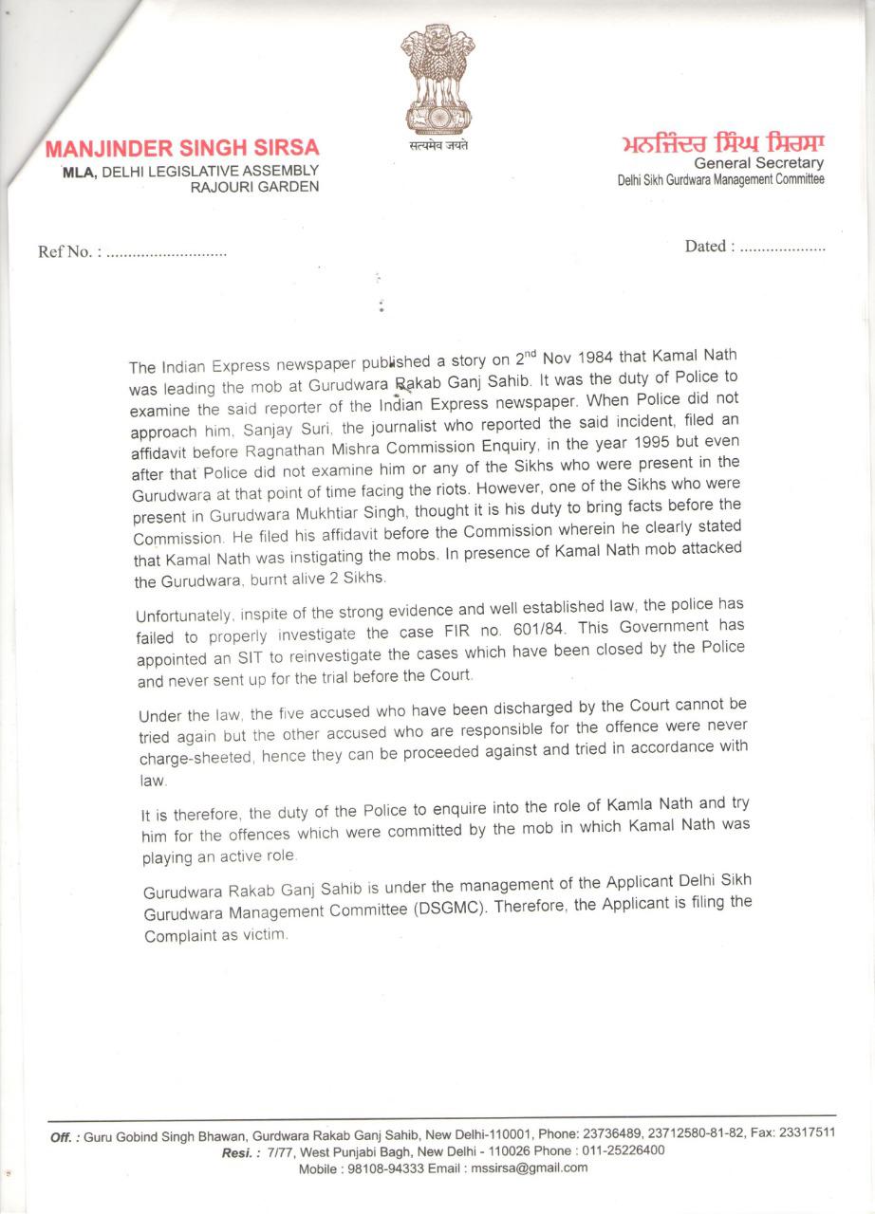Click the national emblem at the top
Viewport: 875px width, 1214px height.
(x=437, y=80)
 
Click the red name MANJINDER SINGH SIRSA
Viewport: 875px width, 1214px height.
(x=182, y=149)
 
